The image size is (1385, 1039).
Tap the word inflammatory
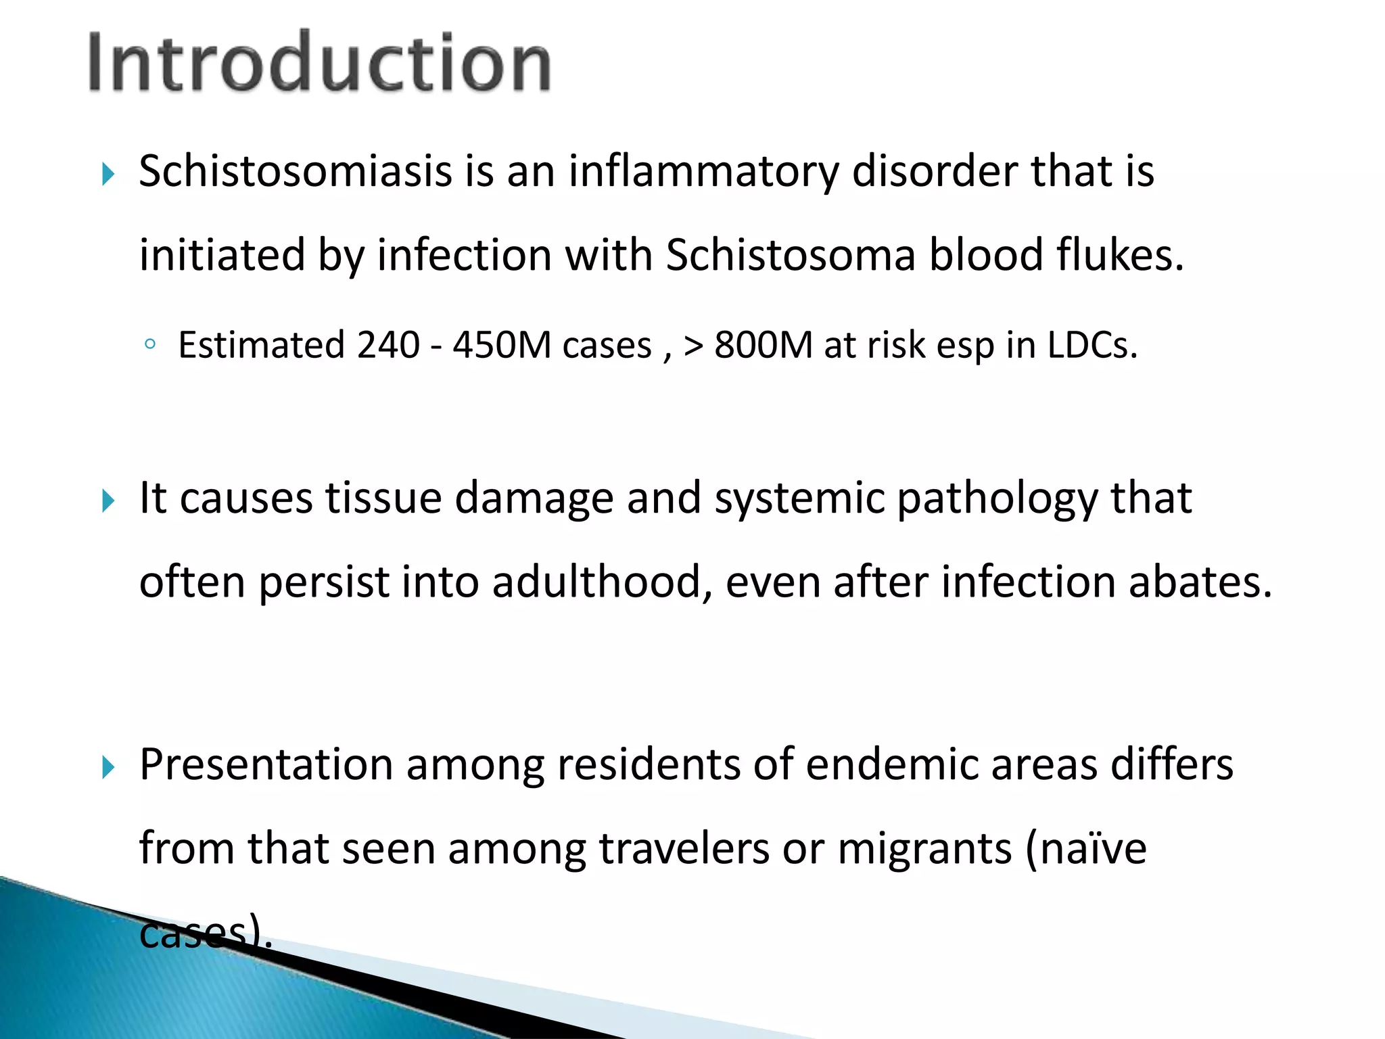coord(703,172)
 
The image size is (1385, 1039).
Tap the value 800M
coord(764,345)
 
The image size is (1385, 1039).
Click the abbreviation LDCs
coord(1091,345)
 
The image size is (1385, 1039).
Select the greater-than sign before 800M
coord(693,346)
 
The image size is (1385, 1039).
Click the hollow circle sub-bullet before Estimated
coord(150,345)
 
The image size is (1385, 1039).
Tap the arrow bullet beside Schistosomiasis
coord(108,175)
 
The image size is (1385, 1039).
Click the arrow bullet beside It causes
coord(108,501)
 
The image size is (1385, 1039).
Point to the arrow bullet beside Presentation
coord(108,768)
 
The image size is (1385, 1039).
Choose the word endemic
coord(891,764)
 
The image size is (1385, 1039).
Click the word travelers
coord(684,848)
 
